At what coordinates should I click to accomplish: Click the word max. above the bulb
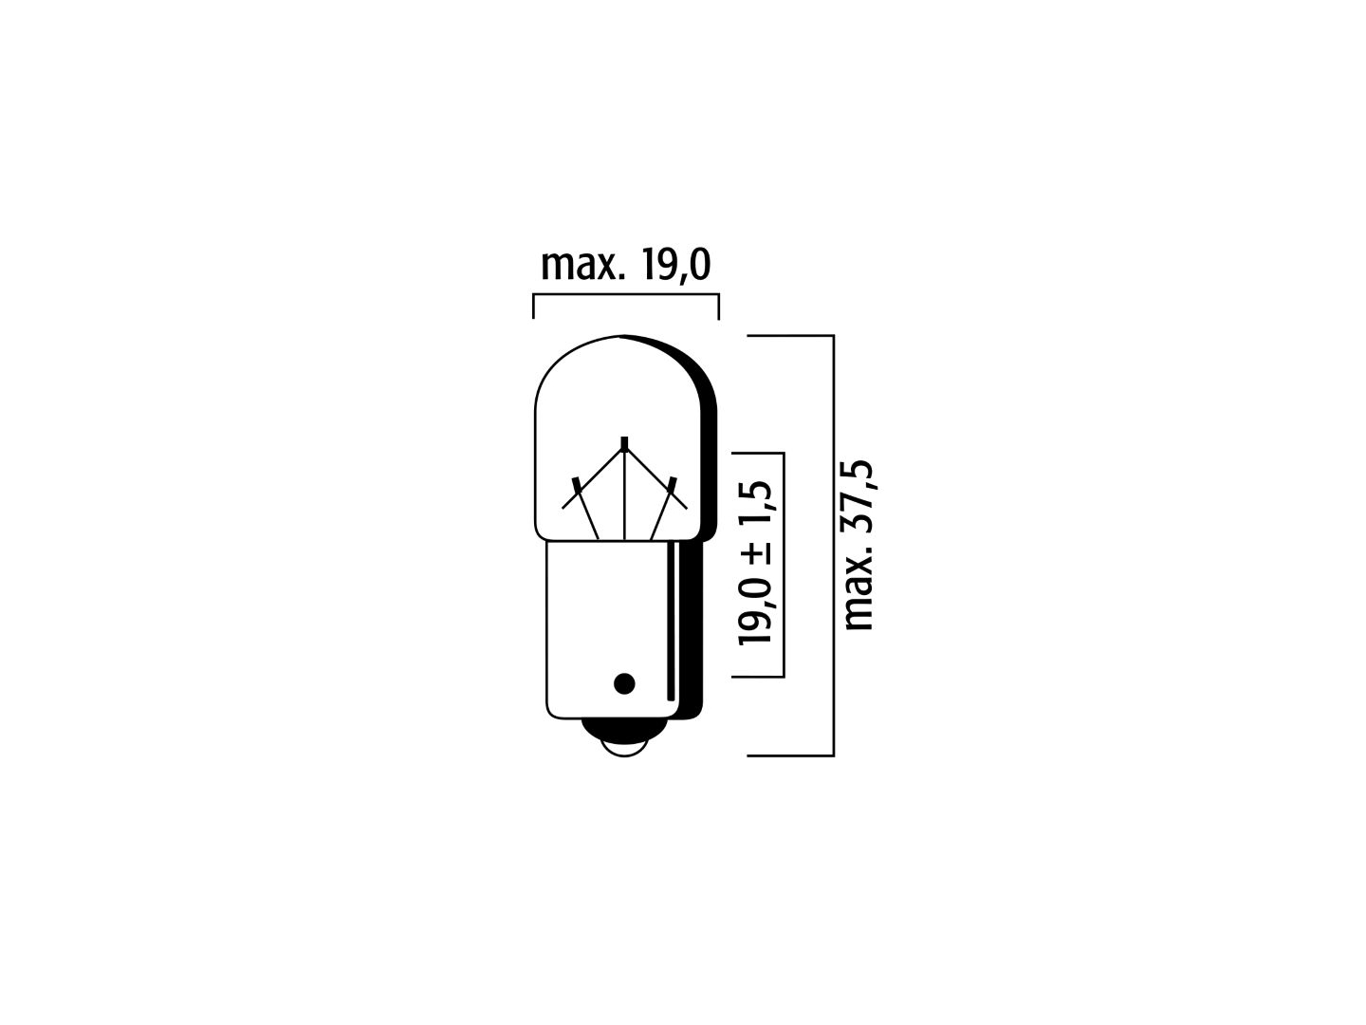click(581, 267)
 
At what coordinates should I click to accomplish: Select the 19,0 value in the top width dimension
click(675, 267)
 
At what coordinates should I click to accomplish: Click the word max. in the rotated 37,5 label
click(859, 588)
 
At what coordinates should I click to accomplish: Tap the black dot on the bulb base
click(624, 684)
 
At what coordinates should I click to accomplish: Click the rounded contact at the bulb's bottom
click(624, 738)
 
